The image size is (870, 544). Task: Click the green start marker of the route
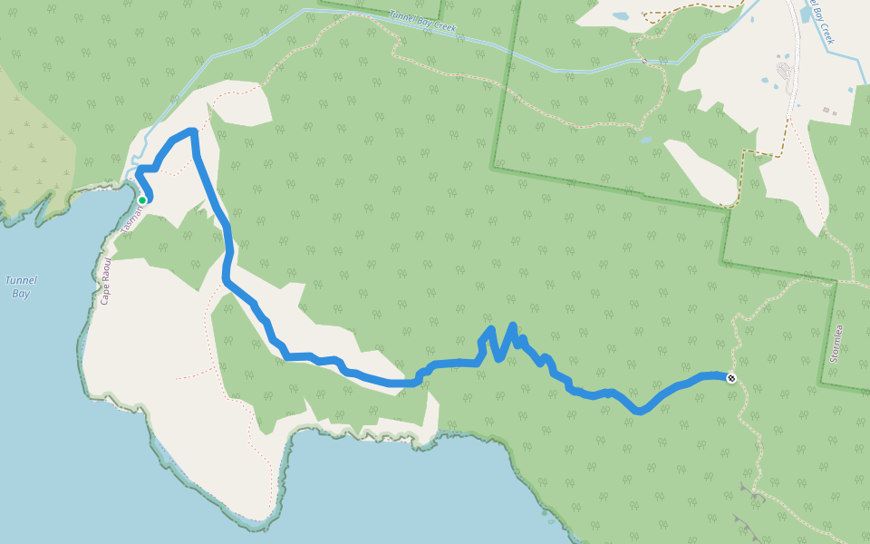pos(142,200)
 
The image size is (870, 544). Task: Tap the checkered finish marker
pos(731,378)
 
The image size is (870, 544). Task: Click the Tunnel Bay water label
pos(20,287)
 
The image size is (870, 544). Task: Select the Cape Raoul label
pos(105,280)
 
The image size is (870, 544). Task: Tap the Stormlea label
pos(836,344)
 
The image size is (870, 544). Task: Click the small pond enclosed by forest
pos(645,141)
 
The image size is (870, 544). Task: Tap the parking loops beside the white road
pos(784,73)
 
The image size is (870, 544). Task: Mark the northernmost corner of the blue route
pos(192,132)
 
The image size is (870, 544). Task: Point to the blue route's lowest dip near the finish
pos(640,411)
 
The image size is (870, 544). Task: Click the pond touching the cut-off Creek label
pos(806,15)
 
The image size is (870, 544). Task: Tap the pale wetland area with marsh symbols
pos(32,136)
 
